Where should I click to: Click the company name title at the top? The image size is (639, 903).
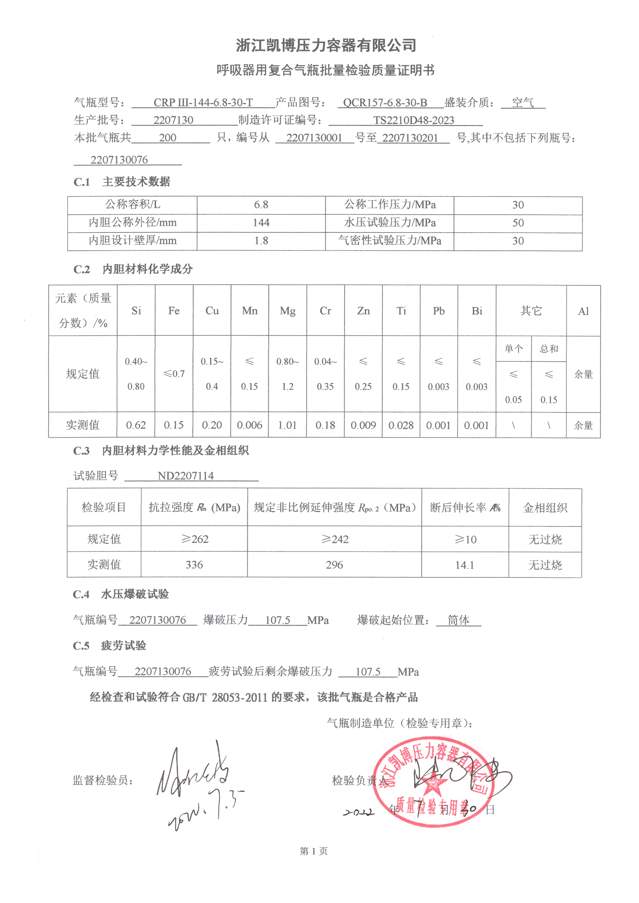pyautogui.click(x=326, y=46)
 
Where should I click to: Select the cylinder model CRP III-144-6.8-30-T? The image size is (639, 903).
pyautogui.click(x=203, y=103)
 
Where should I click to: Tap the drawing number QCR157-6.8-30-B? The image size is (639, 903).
pyautogui.click(x=385, y=103)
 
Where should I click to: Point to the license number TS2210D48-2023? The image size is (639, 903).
pyautogui.click(x=413, y=121)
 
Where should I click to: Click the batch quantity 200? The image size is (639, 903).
pyautogui.click(x=168, y=137)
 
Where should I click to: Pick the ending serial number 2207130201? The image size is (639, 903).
pyautogui.click(x=410, y=137)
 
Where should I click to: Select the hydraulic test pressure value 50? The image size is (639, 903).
pyautogui.click(x=518, y=222)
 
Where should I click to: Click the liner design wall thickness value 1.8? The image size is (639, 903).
pyautogui.click(x=261, y=241)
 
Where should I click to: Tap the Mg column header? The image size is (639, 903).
pyautogui.click(x=288, y=311)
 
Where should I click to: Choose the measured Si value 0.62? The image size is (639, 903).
pyautogui.click(x=136, y=425)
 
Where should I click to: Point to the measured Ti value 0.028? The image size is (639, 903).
pyautogui.click(x=401, y=425)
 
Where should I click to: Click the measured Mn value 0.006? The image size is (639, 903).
pyautogui.click(x=250, y=425)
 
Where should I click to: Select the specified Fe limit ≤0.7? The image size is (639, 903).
pyautogui.click(x=174, y=373)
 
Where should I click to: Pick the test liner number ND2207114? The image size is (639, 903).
pyautogui.click(x=186, y=476)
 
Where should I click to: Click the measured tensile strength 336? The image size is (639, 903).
pyautogui.click(x=194, y=565)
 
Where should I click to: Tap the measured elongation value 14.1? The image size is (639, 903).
pyautogui.click(x=465, y=565)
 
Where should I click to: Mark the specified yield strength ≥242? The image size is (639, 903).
pyautogui.click(x=335, y=539)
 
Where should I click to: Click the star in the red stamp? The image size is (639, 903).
pyautogui.click(x=433, y=782)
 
